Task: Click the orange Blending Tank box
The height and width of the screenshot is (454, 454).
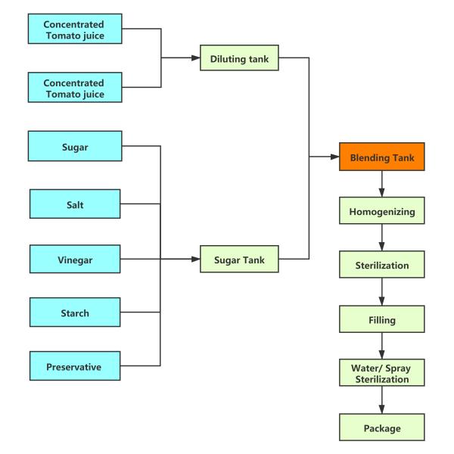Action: [381, 159]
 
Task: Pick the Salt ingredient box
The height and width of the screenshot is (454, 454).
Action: [75, 204]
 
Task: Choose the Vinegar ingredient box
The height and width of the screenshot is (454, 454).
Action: [75, 259]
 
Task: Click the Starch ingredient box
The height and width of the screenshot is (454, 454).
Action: [75, 313]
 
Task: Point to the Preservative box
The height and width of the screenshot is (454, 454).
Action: [75, 366]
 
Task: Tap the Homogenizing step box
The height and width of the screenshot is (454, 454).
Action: [381, 212]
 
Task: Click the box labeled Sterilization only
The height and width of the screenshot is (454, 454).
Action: [381, 266]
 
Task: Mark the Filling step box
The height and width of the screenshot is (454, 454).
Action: [381, 320]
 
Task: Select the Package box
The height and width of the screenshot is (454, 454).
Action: [381, 428]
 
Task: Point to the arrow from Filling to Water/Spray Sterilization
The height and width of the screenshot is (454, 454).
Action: [381, 347]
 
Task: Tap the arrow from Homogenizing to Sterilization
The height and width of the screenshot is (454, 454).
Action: [381, 239]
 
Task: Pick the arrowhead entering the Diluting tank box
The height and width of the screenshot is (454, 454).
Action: [195, 58]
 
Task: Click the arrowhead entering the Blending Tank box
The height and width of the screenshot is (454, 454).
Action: [334, 158]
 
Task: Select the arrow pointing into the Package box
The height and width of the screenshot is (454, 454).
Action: [381, 402]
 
